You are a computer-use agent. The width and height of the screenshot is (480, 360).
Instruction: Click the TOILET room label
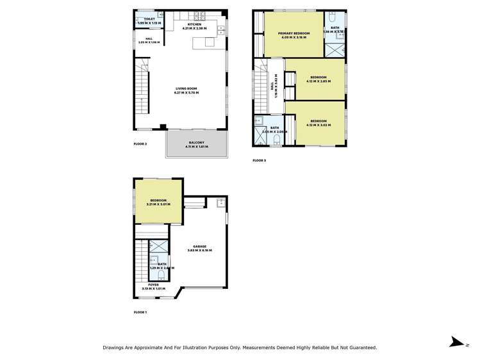point(149,19)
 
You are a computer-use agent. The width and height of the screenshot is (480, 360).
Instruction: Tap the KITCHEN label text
point(195,24)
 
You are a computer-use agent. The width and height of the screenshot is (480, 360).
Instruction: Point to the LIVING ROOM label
point(186,89)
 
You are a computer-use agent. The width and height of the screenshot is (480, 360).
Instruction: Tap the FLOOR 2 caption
point(140,143)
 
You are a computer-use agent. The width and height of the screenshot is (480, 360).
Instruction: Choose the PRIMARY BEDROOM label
point(294,33)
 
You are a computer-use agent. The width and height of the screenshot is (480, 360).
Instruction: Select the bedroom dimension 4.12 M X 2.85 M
point(319,81)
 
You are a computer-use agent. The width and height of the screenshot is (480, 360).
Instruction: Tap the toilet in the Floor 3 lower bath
point(277,138)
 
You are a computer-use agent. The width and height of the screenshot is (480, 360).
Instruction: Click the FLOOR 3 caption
point(259,160)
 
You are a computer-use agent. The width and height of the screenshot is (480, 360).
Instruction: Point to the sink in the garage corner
point(220,203)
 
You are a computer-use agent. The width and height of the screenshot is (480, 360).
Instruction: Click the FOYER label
point(153,284)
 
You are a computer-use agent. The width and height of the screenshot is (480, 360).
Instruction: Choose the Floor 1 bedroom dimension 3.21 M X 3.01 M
point(159,204)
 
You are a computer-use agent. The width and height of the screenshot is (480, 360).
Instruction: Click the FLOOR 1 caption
point(140,312)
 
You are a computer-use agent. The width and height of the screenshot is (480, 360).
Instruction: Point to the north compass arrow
point(456,342)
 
